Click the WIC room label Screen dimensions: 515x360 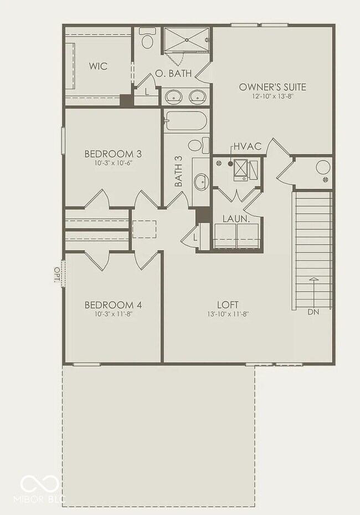[x=98, y=67]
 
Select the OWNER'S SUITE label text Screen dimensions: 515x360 [x=272, y=87]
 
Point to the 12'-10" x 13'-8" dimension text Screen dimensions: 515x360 [x=272, y=96]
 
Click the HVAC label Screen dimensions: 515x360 [x=247, y=146]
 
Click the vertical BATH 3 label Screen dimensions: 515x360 [x=178, y=170]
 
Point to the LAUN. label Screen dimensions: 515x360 [x=236, y=219]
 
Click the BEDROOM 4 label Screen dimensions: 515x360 [x=113, y=305]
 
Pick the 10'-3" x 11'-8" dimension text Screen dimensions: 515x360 [x=113, y=314]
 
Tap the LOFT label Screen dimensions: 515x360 [x=228, y=305]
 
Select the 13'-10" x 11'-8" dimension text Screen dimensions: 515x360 [x=228, y=314]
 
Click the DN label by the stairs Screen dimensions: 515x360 [x=313, y=312]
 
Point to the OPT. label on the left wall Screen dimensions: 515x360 [x=56, y=274]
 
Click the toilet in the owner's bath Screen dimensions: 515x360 [x=147, y=39]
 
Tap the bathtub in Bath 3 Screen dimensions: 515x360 [x=186, y=120]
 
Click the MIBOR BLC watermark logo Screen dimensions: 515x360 [x=42, y=488]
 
